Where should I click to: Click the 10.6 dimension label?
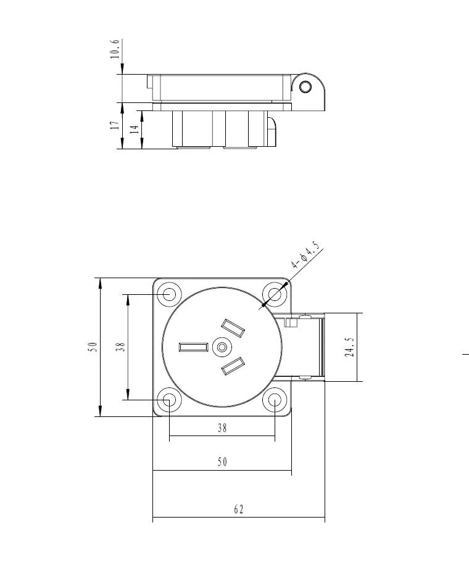[x=114, y=49]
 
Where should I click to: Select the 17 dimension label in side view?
[x=114, y=125]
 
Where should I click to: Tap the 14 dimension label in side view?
[x=134, y=130]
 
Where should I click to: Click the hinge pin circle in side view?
[x=305, y=86]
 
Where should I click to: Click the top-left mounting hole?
[x=168, y=294]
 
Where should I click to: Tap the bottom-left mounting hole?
[x=168, y=400]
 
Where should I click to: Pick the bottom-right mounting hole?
[x=273, y=400]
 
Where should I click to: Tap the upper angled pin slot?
[x=232, y=328]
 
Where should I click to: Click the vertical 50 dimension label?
[x=93, y=347]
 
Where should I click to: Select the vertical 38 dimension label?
[x=121, y=347]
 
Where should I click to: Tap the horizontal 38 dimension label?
[x=222, y=428]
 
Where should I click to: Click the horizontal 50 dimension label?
[x=222, y=462]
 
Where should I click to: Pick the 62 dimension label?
[x=239, y=510]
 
